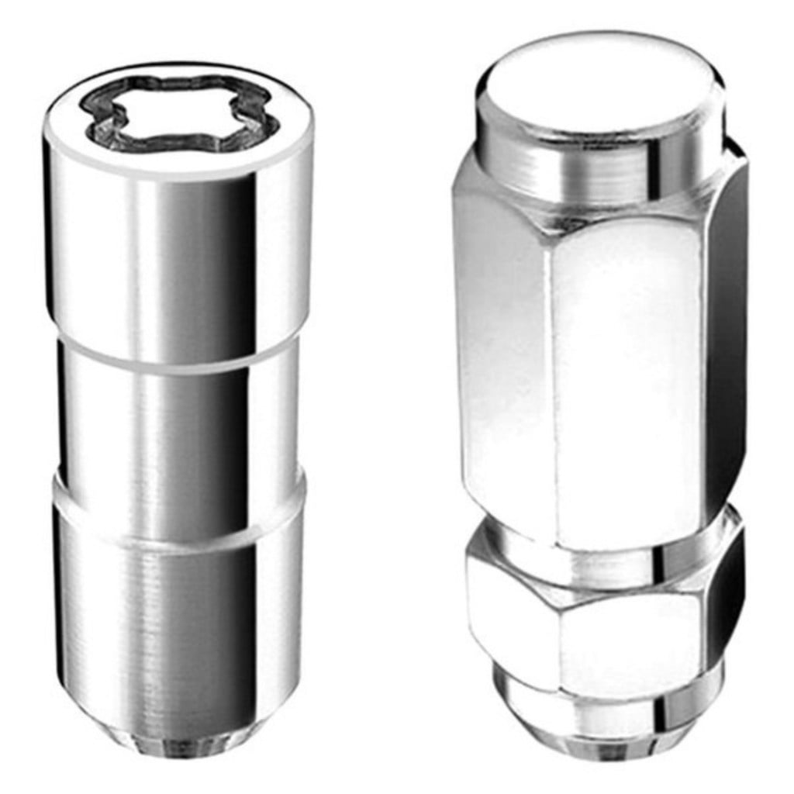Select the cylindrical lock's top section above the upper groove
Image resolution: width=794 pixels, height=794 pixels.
[x=178, y=256]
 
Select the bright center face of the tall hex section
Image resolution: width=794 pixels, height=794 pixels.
[x=628, y=372]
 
